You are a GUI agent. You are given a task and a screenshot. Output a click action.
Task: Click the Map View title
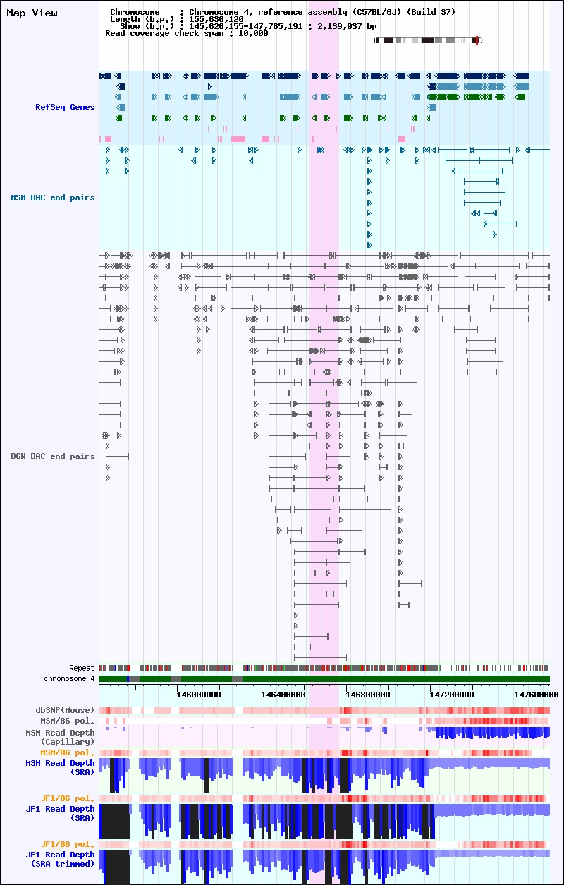pos(32,13)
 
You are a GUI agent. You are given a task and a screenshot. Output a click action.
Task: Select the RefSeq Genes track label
pos(65,107)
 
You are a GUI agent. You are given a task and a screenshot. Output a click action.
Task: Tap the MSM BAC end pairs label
pos(53,197)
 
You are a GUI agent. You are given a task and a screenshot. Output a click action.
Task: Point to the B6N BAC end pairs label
pos(53,456)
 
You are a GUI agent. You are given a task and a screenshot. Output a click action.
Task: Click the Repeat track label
pos(82,668)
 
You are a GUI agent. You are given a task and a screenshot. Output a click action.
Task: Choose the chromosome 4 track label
pos(69,679)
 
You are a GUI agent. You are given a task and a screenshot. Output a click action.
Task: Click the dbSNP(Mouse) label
pos(65,710)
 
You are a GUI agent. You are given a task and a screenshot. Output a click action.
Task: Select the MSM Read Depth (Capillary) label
pos(60,737)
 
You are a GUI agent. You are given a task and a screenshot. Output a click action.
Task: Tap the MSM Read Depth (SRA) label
pos(60,768)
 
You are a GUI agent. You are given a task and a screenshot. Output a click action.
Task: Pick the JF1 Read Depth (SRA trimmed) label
pos(60,860)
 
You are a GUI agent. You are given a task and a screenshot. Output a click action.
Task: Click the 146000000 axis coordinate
pos(199,695)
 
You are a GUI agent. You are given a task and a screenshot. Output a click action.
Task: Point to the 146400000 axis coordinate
pos(283,695)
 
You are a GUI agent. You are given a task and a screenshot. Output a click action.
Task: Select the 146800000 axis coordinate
pos(368,695)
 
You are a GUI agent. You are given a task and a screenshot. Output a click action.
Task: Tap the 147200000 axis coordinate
pos(452,695)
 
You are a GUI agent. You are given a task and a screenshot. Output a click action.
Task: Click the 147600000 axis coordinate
pos(537,695)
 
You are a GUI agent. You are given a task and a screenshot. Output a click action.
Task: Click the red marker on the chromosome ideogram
pos(477,40)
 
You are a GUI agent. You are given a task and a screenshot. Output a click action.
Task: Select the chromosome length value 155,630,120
pos(216,19)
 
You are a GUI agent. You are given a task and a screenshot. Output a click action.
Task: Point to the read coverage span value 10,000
pos(253,34)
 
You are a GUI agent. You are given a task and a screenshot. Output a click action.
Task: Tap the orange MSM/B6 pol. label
pos(68,752)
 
